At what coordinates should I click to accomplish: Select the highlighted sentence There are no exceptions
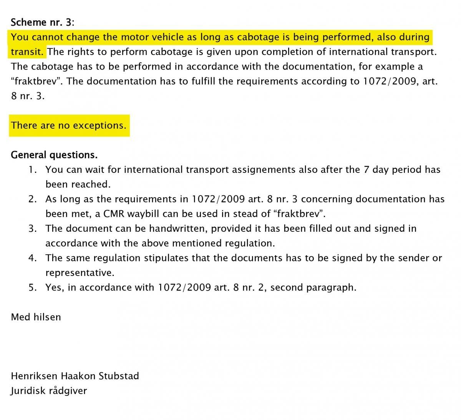click(69, 125)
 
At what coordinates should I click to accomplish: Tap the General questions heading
click(54, 155)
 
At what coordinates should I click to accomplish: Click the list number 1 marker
click(33, 169)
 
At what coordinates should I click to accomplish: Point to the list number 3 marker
click(33, 228)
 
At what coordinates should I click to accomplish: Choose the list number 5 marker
click(33, 287)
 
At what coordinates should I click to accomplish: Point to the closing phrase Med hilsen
click(36, 317)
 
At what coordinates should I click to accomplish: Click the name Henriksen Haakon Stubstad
click(75, 376)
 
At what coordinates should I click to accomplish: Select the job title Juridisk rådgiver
click(49, 391)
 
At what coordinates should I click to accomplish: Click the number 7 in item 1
click(366, 169)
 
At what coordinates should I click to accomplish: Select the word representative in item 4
click(80, 273)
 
